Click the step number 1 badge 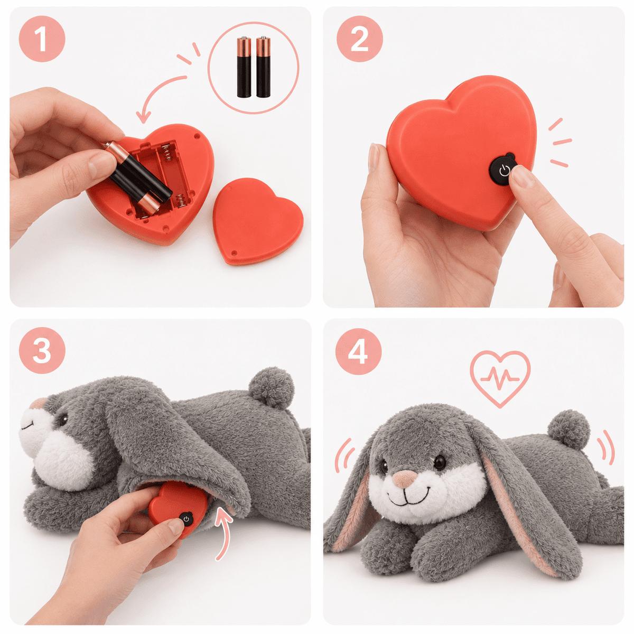[x=42, y=39]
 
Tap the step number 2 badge [x=359, y=39]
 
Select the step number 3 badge [x=42, y=350]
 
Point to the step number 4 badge [x=358, y=351]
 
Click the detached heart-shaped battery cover [x=258, y=221]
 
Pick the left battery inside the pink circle [x=244, y=67]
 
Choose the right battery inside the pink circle [x=263, y=67]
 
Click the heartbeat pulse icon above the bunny [x=499, y=377]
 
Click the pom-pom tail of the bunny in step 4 [x=568, y=430]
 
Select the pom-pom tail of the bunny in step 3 [x=272, y=388]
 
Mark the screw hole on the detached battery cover [x=234, y=253]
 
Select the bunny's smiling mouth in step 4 [x=409, y=498]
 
